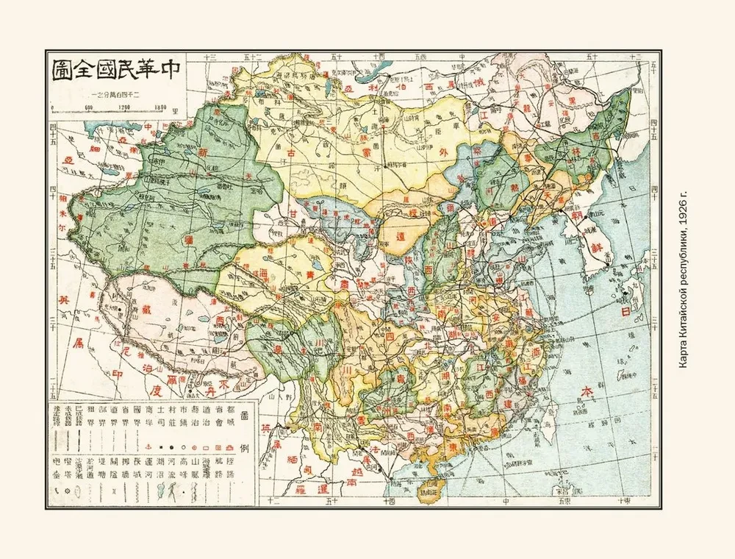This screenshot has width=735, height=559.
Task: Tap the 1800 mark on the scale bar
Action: (x=162, y=107)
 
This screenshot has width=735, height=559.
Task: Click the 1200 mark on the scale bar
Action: (x=123, y=107)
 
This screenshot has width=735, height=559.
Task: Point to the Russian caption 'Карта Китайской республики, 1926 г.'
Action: (x=683, y=282)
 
